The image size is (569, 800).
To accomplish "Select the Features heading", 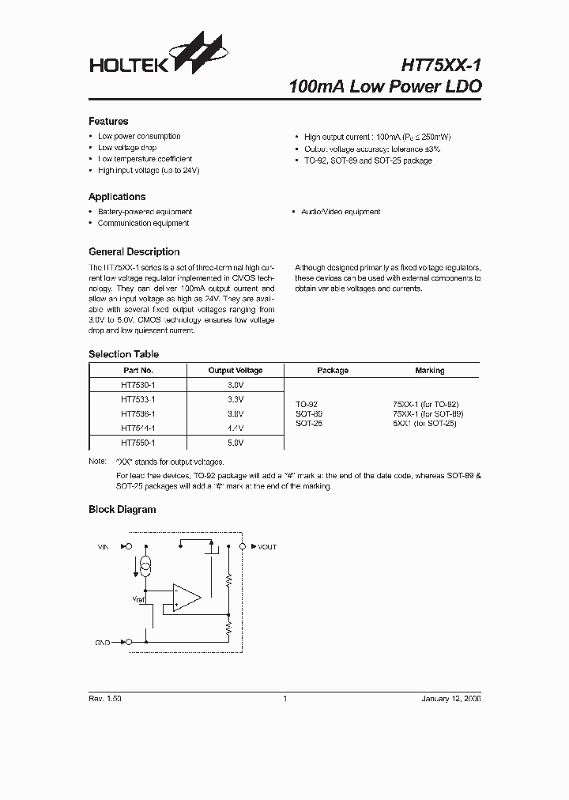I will [x=108, y=122].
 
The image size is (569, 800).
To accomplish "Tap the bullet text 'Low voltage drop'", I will [x=126, y=148].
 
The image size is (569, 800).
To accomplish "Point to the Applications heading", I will [x=117, y=197].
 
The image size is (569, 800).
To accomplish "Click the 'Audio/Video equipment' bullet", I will [x=341, y=212].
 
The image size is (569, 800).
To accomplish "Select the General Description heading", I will [x=134, y=252].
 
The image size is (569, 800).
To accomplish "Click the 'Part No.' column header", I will [x=138, y=370].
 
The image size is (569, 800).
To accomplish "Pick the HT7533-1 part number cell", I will [x=138, y=400].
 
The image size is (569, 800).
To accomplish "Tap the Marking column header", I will [x=429, y=370].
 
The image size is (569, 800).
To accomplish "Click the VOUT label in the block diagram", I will [x=267, y=546].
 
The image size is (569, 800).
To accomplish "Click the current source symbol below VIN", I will [x=145, y=567].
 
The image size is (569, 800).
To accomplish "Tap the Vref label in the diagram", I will [x=139, y=600].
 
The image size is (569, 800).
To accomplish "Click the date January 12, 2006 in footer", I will [x=451, y=700].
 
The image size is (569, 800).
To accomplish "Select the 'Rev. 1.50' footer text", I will [x=105, y=700].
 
